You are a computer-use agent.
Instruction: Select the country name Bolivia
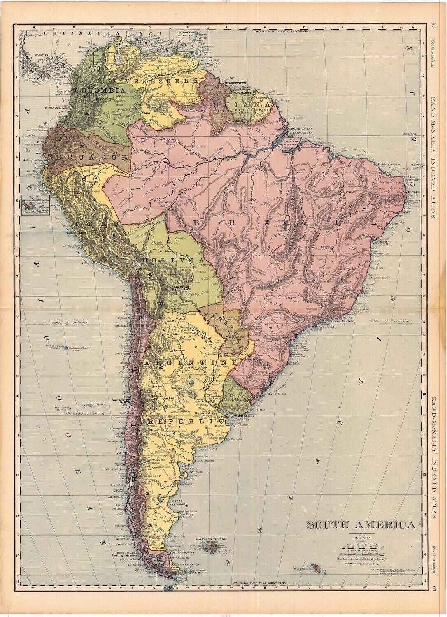tap(172, 260)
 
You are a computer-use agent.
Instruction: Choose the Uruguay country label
tap(235, 399)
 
